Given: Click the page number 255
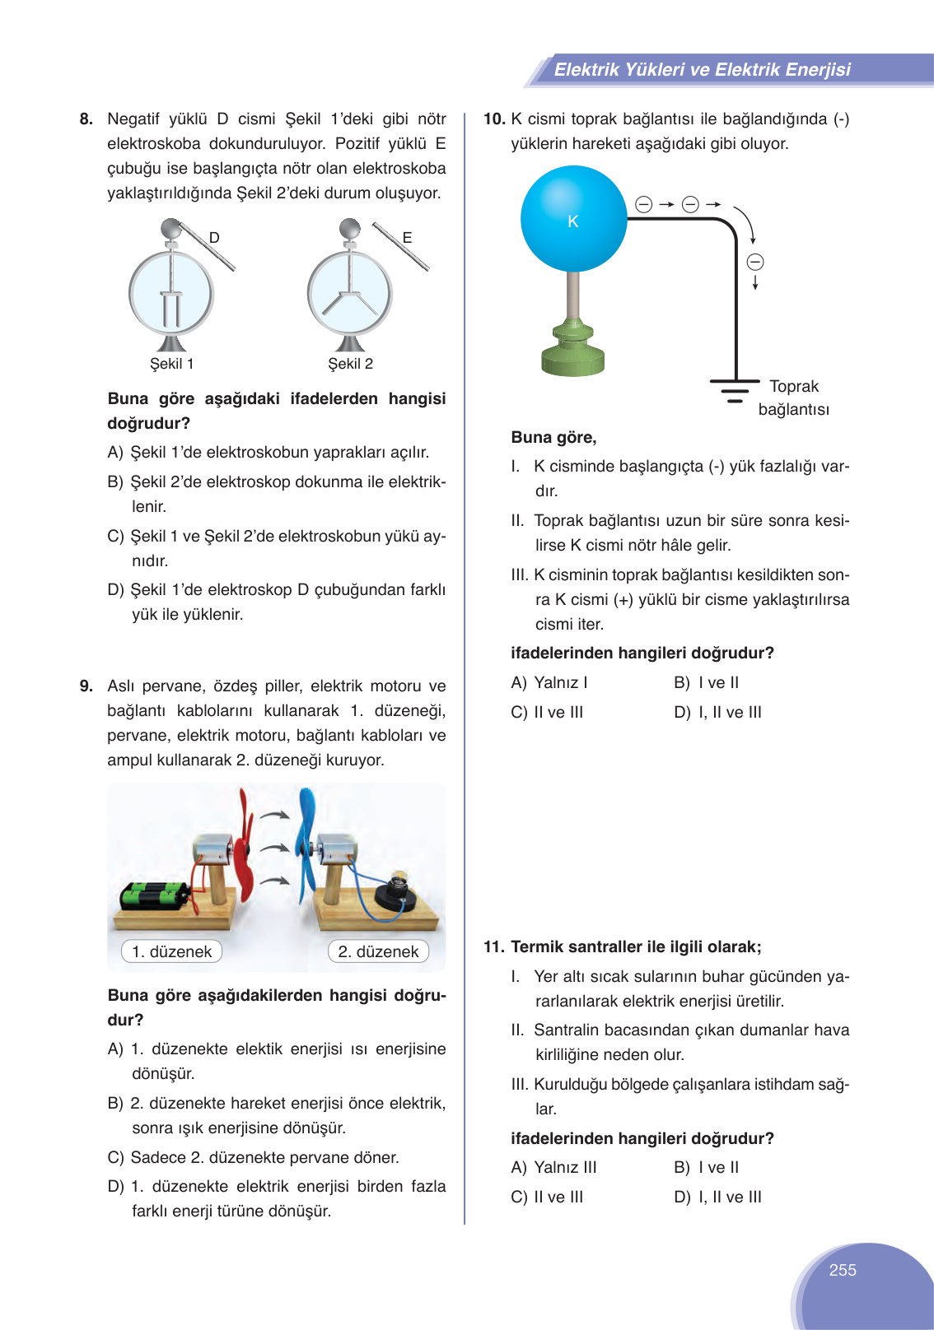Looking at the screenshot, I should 843,1270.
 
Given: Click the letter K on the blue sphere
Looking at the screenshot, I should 573,221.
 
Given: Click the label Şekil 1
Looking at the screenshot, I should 171,364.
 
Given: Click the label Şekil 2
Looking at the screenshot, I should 350,364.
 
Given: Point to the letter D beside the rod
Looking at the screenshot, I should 214,238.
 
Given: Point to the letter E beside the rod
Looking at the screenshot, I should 407,238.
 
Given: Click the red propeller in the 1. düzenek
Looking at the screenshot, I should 245,848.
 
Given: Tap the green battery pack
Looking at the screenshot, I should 154,895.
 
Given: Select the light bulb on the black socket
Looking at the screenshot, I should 399,881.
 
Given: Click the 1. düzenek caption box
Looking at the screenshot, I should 172,951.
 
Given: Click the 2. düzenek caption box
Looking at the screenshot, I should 378,951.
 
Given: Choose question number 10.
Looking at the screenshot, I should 493,119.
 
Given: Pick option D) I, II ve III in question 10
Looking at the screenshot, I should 717,712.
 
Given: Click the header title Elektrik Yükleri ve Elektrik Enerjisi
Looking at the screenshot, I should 702,70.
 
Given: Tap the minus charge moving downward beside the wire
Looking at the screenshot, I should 755,263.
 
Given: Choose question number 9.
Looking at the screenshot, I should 86,686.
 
